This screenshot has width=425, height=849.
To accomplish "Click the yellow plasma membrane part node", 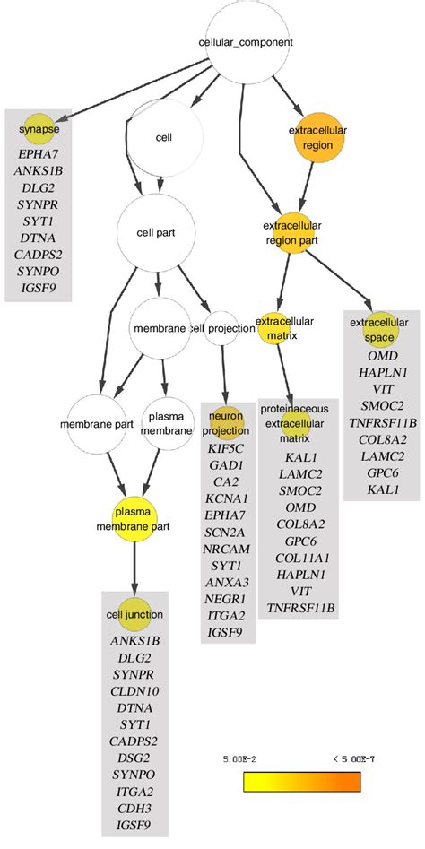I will (134, 518).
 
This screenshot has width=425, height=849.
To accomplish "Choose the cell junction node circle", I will (134, 614).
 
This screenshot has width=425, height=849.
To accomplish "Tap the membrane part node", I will (91, 422).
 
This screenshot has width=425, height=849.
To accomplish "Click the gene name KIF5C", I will (228, 446).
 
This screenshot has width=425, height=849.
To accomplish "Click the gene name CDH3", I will (134, 806).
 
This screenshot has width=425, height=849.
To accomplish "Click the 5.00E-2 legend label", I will (241, 760).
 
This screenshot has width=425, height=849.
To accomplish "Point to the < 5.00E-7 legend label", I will (341, 760).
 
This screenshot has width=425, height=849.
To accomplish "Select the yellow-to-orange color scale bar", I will (301, 782).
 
